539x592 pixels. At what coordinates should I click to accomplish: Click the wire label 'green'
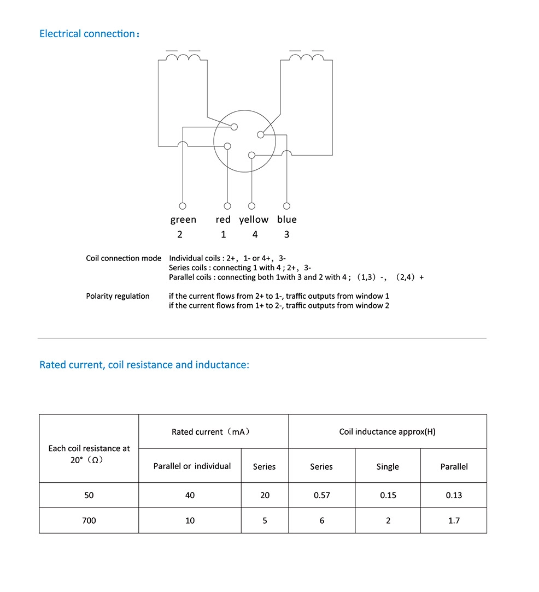[x=183, y=220]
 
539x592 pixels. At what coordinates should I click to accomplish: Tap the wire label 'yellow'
[x=254, y=220]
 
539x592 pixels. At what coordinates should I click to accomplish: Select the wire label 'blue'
[x=286, y=220]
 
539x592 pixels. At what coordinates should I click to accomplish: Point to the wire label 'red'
[x=223, y=220]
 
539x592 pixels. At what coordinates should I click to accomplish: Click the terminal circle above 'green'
[x=183, y=206]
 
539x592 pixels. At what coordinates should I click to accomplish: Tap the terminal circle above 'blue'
[x=286, y=206]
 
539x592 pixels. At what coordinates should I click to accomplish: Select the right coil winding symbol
[x=306, y=57]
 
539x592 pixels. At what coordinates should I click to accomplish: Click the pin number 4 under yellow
[x=255, y=234]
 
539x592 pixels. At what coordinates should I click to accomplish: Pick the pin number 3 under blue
[x=286, y=234]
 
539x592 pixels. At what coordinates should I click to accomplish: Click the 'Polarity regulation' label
[x=118, y=296]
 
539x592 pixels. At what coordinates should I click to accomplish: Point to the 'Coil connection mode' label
[x=124, y=258]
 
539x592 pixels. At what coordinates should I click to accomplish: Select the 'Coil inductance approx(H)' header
[x=387, y=432]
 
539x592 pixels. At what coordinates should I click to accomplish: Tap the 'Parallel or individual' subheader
[x=192, y=466]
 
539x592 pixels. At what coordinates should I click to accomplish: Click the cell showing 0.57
[x=321, y=495]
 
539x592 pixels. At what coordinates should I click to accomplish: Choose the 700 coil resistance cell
[x=89, y=520]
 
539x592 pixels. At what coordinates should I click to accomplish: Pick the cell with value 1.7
[x=454, y=520]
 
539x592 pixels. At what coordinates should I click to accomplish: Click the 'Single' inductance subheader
[x=388, y=466]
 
